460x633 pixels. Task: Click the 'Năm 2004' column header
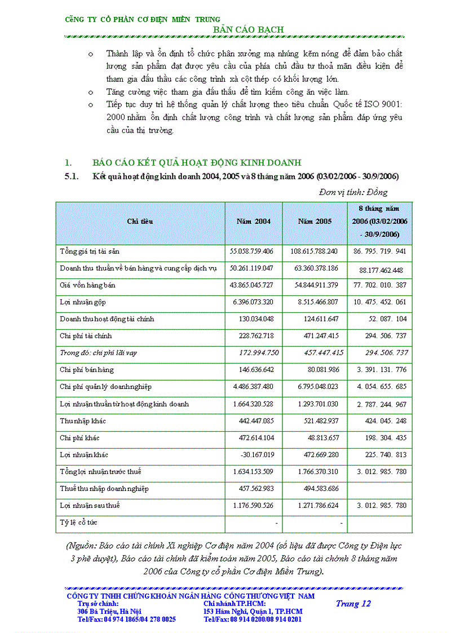(x=254, y=222)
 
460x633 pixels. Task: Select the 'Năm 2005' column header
(x=315, y=222)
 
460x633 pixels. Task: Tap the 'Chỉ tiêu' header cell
(x=140, y=222)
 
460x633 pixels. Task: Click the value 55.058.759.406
(x=252, y=251)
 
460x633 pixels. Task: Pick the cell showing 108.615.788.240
(x=314, y=251)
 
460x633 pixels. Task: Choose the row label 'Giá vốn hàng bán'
(x=87, y=285)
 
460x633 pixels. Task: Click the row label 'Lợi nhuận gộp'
(x=83, y=302)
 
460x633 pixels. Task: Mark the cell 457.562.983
(x=253, y=489)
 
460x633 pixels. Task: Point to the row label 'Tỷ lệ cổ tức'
(x=78, y=523)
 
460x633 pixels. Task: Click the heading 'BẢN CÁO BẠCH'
(x=248, y=29)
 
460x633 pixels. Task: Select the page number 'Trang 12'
(x=353, y=604)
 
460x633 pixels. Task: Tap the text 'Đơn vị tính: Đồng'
(x=353, y=192)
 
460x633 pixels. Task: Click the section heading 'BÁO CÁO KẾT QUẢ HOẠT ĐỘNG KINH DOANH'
(x=197, y=163)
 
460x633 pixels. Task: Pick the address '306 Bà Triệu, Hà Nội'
(x=109, y=612)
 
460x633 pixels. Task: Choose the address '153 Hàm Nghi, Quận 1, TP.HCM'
(x=253, y=612)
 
